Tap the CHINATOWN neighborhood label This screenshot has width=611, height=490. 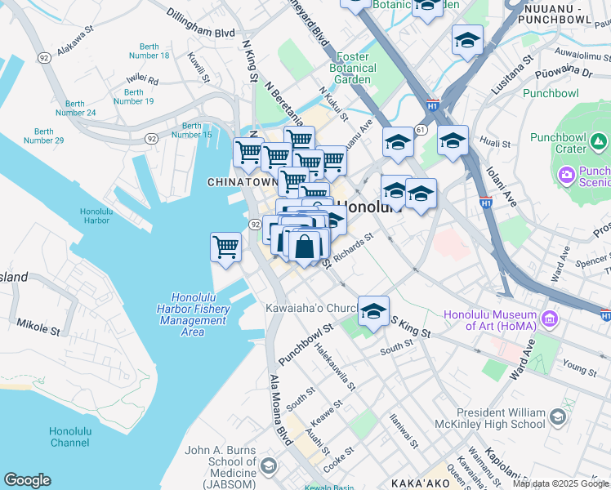pyautogui.click(x=242, y=182)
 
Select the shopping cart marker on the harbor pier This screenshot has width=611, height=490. pyautogui.click(x=225, y=247)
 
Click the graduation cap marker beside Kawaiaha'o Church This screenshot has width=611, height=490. pyautogui.click(x=373, y=311)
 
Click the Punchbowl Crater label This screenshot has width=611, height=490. pyautogui.click(x=558, y=143)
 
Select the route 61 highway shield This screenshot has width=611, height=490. pyautogui.click(x=420, y=129)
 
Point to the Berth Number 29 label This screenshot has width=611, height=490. pyautogui.click(x=44, y=136)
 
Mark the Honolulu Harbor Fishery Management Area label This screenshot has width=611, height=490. pyautogui.click(x=193, y=314)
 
